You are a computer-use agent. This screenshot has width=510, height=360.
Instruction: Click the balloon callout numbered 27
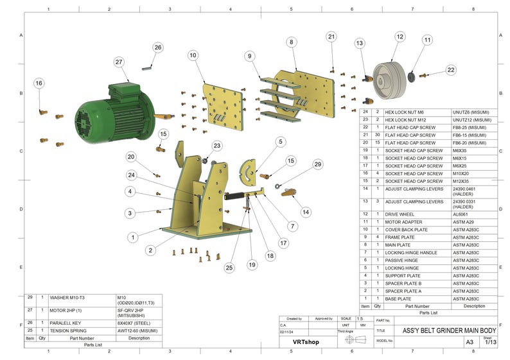coord(119,62)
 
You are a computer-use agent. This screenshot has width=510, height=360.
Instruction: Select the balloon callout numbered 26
coord(158,47)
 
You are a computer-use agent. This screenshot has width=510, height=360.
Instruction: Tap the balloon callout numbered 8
coord(292,42)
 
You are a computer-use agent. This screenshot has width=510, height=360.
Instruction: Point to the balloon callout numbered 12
coord(400,37)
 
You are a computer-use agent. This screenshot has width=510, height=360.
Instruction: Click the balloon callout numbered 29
coord(317,165)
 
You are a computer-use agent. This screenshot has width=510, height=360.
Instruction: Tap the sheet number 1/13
coord(490,343)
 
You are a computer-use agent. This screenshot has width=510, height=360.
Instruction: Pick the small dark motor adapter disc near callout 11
coord(411,76)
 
